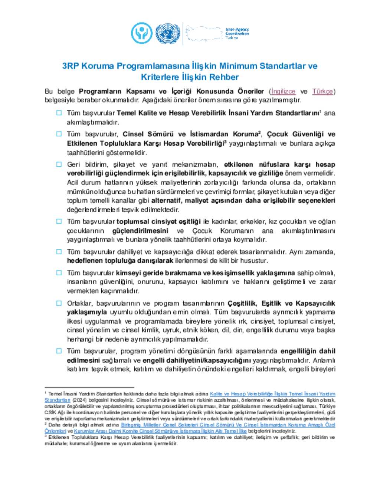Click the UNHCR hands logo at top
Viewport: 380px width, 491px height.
[142, 33]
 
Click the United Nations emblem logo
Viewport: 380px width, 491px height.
[168, 33]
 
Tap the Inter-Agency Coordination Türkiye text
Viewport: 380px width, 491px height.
[237, 33]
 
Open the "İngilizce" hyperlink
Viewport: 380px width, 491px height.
[283, 91]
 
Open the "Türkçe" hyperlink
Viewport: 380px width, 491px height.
[322, 91]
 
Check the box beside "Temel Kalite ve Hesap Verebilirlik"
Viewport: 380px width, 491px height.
[59, 113]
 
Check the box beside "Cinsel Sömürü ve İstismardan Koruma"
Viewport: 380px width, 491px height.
[59, 134]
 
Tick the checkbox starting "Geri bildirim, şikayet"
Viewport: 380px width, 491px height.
[59, 164]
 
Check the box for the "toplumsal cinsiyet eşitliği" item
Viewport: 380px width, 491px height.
[59, 222]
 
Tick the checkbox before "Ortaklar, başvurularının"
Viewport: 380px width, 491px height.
[59, 303]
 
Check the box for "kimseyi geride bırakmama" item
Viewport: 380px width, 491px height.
[59, 273]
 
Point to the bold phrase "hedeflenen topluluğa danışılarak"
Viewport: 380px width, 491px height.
[120, 261]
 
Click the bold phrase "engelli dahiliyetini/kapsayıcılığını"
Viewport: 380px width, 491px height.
[197, 360]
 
